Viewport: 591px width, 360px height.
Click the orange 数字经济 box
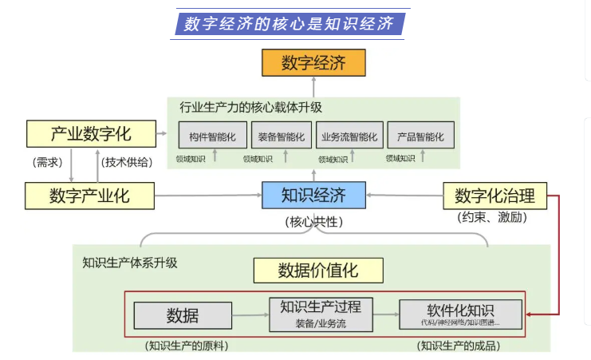[x=313, y=63]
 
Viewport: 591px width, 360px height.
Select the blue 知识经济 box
[x=313, y=194]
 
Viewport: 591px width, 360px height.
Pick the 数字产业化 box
[x=89, y=194]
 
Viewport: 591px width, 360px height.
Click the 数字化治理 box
[x=494, y=194]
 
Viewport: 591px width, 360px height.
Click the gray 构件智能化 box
[x=213, y=136]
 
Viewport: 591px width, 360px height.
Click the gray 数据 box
[x=183, y=315]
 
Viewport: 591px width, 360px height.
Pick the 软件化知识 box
[x=460, y=314]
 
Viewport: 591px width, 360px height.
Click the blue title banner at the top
[x=291, y=23]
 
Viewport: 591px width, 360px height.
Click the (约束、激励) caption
[x=492, y=216]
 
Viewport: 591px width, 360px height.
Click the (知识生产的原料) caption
[x=186, y=346]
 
